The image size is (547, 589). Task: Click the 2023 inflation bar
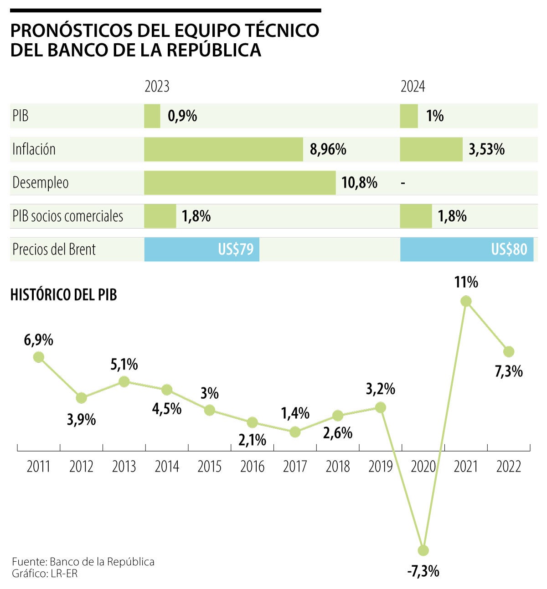pos(223,149)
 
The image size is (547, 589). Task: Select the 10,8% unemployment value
pos(359,183)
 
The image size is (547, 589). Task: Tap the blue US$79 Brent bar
pos(202,249)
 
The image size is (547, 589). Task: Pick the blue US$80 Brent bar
pos(467,249)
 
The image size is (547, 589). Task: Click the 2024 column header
pos(413,86)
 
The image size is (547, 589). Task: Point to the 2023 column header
pos(157,86)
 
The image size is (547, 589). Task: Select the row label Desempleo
pos(41,183)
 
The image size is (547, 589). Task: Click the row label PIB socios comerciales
pos(68,216)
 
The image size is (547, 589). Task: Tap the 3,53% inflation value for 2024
pos(487,149)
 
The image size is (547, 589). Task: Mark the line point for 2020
pos(423,550)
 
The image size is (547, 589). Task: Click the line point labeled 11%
pos(466,301)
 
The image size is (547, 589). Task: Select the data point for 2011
pos(39,357)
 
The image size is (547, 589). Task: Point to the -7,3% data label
pos(423,571)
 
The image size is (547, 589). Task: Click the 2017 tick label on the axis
pos(295,467)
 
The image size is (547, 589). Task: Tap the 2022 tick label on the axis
pos(509,467)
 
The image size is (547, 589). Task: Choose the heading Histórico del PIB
pos(63,295)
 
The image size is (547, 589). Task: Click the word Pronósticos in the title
pos(67,30)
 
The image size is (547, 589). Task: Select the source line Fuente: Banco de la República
pos(83,562)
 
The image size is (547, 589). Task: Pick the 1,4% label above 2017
pos(295,413)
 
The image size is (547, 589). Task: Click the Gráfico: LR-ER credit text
pos(45,574)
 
